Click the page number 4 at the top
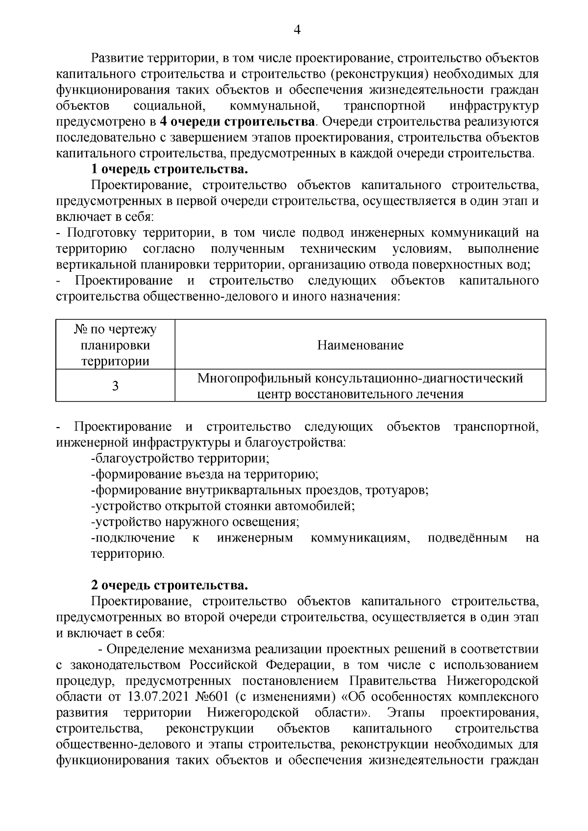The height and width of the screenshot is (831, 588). [x=296, y=30]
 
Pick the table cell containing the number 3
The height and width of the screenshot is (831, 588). [x=115, y=386]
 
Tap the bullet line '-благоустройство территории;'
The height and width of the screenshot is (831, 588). [x=180, y=459]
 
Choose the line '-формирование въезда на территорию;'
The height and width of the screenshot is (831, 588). [x=205, y=475]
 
